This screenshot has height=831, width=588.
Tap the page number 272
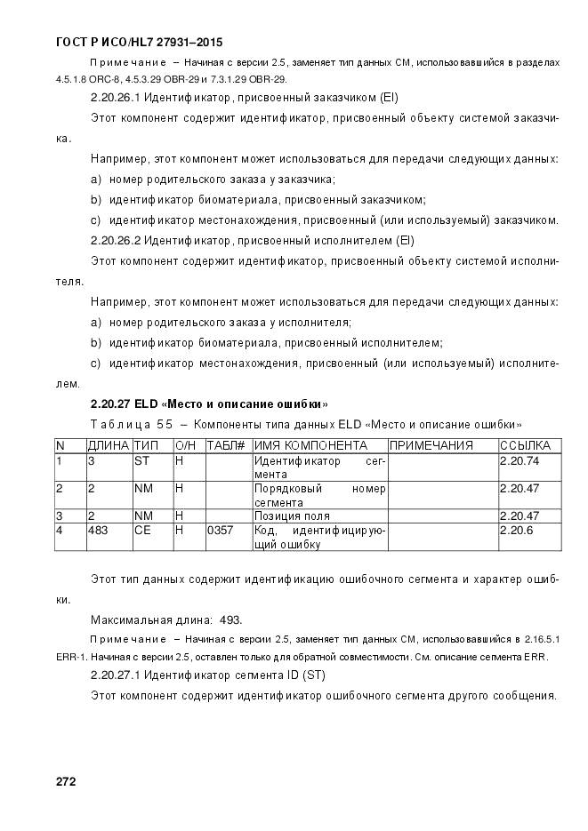(x=66, y=782)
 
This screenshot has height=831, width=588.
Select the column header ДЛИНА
(x=108, y=445)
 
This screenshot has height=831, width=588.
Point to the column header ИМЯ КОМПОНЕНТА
(x=310, y=445)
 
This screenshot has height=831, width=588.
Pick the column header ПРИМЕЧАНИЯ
(x=431, y=445)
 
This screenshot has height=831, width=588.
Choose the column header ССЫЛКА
(x=525, y=445)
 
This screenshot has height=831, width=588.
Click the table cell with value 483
(x=97, y=531)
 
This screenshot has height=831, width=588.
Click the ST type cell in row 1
(x=141, y=461)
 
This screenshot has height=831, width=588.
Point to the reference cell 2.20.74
(x=520, y=461)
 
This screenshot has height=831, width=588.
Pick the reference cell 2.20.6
(x=517, y=531)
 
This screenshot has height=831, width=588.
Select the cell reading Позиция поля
(x=292, y=515)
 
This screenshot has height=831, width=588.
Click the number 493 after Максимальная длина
(x=230, y=619)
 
